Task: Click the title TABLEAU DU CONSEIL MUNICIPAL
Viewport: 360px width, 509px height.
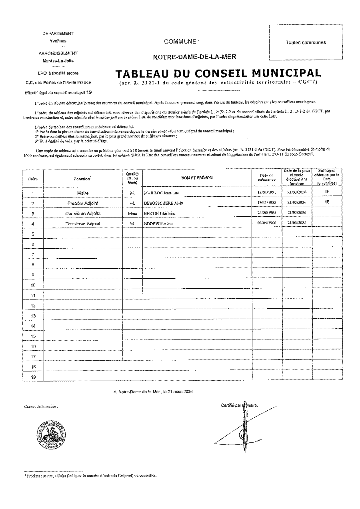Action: click(218, 74)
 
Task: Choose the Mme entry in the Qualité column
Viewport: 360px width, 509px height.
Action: click(132, 214)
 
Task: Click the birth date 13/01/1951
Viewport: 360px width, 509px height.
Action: click(267, 193)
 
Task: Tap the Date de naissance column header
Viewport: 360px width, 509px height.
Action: click(267, 177)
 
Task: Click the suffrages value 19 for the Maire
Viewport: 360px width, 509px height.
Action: click(327, 192)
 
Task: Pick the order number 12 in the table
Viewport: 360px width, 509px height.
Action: click(34, 305)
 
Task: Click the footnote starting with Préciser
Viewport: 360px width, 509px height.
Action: click(90, 476)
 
